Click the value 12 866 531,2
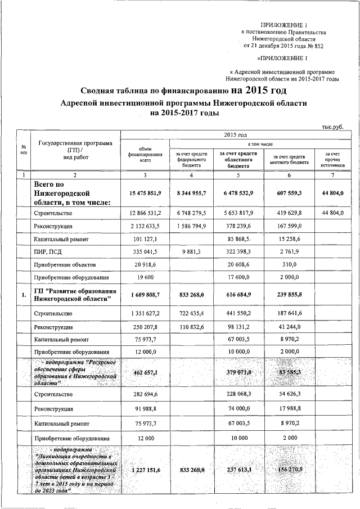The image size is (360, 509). [145, 213]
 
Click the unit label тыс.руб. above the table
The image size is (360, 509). [332, 127]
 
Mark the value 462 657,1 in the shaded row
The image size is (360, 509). [145, 372]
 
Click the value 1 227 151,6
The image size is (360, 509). [145, 469]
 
